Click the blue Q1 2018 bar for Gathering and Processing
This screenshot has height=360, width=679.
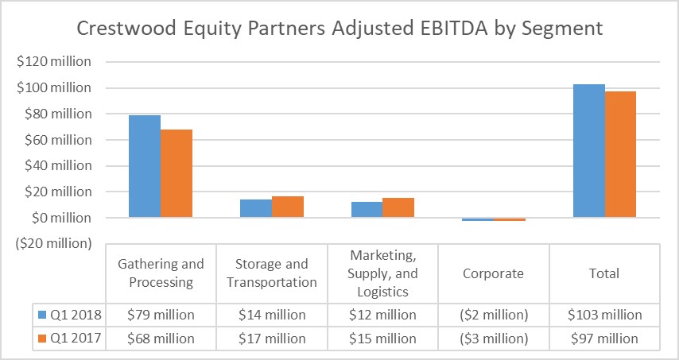click(145, 167)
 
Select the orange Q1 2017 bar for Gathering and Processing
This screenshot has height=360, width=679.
click(177, 173)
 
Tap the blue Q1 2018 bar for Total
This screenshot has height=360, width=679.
click(588, 151)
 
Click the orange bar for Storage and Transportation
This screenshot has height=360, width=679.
click(288, 207)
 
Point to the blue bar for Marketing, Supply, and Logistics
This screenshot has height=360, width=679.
click(367, 210)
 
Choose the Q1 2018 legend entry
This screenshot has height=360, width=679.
click(68, 315)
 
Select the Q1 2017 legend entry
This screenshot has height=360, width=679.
click(68, 339)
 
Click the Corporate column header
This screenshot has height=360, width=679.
click(493, 273)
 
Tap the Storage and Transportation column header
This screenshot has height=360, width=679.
click(272, 273)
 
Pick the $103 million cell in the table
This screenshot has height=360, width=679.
click(604, 315)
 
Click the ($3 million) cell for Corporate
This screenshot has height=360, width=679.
click(493, 339)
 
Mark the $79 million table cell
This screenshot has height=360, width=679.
click(161, 315)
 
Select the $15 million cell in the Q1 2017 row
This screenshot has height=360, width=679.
click(382, 339)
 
